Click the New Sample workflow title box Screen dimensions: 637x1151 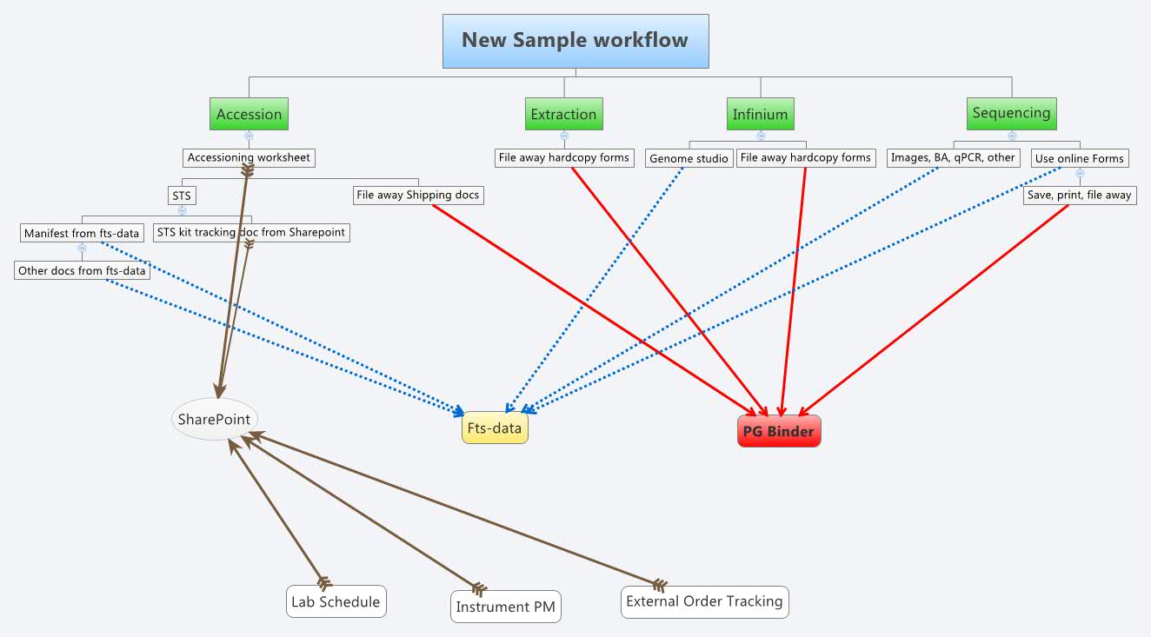pos(575,41)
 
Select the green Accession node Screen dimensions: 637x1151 pos(249,114)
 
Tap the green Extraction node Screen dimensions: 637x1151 pos(563,114)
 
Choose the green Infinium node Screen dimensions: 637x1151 pos(760,114)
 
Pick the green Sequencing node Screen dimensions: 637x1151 pos(1011,113)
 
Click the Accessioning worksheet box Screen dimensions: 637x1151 pos(249,158)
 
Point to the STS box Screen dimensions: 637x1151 pos(182,196)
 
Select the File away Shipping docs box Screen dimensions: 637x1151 pos(417,195)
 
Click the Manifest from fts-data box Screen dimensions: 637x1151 pos(82,233)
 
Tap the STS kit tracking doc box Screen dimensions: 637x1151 pos(251,232)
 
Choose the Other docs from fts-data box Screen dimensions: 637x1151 pos(83,270)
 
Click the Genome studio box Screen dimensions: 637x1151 pos(689,159)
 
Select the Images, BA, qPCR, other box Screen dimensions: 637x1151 pos(953,158)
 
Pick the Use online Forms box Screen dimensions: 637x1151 pos(1079,158)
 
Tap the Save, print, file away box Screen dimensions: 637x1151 pos(1079,195)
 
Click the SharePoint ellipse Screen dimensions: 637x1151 pos(214,420)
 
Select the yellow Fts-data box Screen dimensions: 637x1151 pos(495,428)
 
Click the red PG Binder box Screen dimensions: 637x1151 pos(778,431)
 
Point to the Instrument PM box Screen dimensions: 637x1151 pos(506,607)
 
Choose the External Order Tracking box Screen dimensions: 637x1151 pos(704,601)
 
